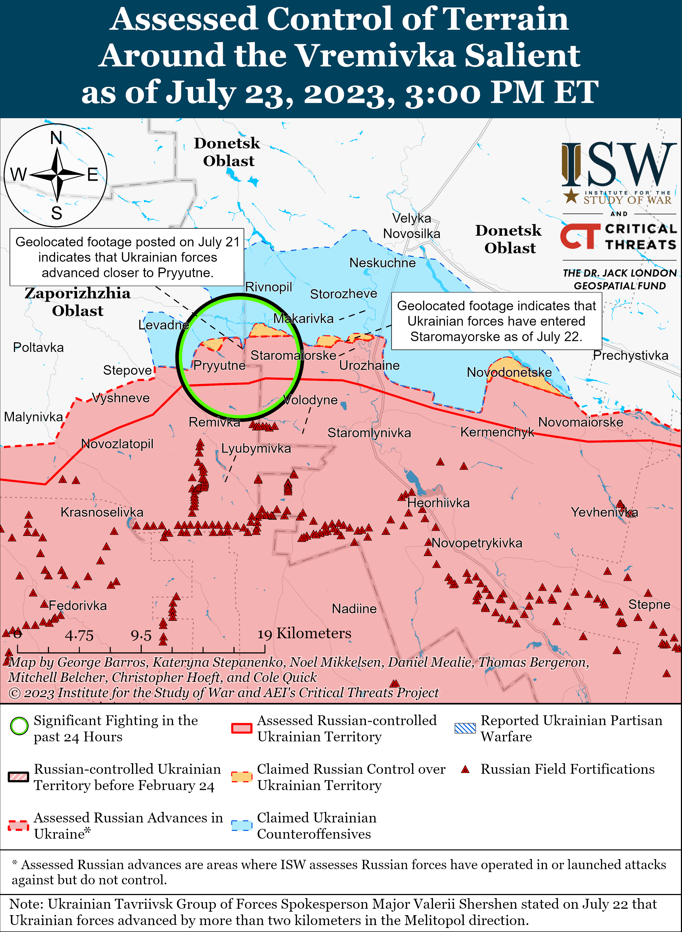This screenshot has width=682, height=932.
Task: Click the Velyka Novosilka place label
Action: (x=412, y=226)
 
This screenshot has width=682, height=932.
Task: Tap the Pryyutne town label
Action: (x=219, y=365)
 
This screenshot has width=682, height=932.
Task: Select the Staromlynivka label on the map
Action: (x=369, y=433)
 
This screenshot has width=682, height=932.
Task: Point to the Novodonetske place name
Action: (x=509, y=372)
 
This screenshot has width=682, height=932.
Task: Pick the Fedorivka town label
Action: (x=78, y=606)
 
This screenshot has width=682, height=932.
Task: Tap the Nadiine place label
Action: (x=354, y=608)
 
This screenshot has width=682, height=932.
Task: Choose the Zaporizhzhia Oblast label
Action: (x=78, y=302)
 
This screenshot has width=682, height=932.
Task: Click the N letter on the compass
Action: (x=56, y=138)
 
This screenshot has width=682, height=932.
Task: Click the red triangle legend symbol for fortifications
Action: (x=465, y=769)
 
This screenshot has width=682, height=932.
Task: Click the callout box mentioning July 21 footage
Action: (x=127, y=257)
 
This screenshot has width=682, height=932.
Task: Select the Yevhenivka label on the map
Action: (x=604, y=513)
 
